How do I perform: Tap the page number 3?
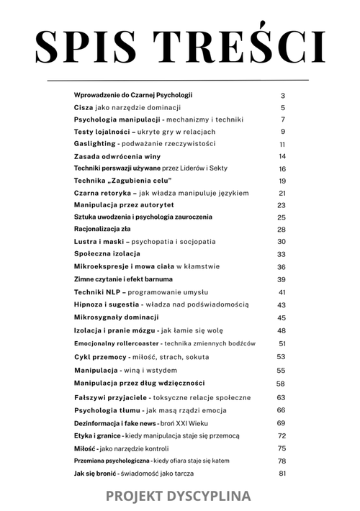point(283,95)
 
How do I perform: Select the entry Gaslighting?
point(95,144)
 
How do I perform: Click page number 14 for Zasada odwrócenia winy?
point(283,156)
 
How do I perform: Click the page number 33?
point(282,254)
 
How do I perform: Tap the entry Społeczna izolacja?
point(107,254)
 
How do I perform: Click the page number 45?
point(282,317)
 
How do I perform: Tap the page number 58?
point(282,384)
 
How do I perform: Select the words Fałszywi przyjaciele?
point(111,397)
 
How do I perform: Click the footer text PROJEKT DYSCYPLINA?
point(179,496)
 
